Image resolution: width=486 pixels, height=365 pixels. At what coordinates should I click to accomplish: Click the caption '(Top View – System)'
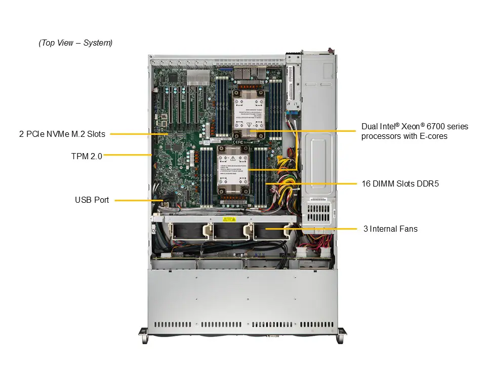point(75,43)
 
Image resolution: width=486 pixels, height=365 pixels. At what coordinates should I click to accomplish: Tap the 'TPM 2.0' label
point(87,156)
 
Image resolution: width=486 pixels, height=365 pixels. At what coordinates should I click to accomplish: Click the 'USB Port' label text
point(92,200)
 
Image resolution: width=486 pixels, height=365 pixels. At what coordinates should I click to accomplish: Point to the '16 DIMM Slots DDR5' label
point(400,184)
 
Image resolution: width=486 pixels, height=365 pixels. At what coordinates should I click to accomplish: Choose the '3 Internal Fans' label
point(390,229)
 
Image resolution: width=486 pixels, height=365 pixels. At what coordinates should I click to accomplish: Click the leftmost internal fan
point(187,231)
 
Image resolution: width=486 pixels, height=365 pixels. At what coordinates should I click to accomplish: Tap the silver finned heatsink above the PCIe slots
point(198,78)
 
